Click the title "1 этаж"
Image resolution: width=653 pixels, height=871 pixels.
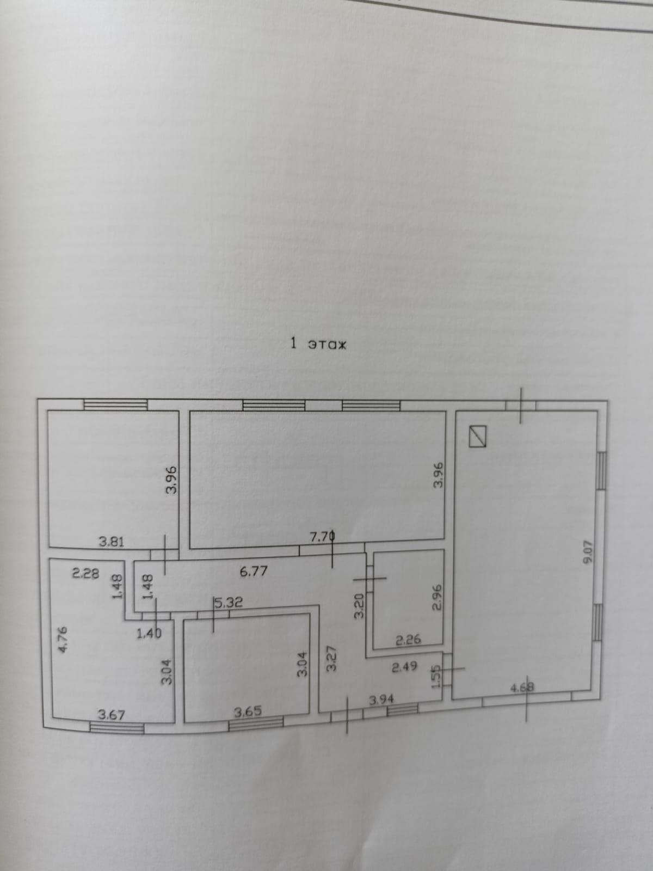click(x=318, y=344)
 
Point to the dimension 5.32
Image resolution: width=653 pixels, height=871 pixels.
click(x=229, y=603)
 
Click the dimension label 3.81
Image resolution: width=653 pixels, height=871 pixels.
click(x=112, y=542)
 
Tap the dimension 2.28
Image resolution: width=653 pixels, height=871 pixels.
click(x=85, y=573)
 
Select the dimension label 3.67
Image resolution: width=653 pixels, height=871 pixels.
click(x=112, y=714)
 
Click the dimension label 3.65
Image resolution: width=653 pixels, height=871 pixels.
click(x=248, y=711)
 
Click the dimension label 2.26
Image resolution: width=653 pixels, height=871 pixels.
click(x=408, y=640)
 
